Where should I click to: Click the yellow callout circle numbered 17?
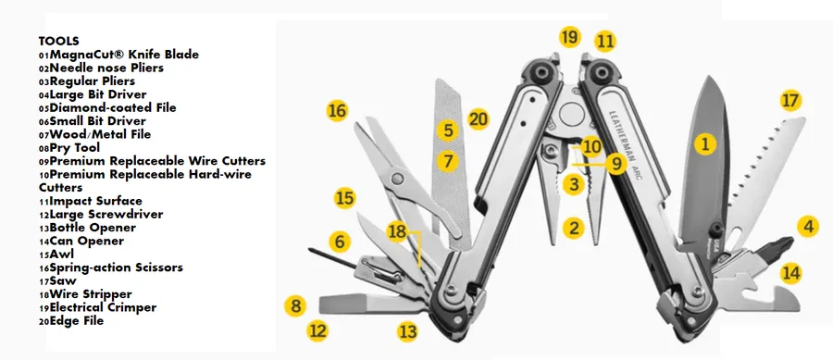pos(790,101)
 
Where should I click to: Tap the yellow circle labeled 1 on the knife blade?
pos(705,143)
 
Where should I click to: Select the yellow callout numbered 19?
pos(570,38)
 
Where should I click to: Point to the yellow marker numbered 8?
pos(295,305)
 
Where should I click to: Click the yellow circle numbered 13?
pos(407,332)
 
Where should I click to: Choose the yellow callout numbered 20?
pos(479,119)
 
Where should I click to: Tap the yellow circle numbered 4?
pos(808,227)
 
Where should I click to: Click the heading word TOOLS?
pos(59,41)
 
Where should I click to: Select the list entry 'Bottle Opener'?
pos(93,228)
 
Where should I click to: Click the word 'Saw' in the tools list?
pos(63,280)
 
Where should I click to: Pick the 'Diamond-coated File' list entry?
pos(113,107)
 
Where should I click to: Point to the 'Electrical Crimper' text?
pos(103,307)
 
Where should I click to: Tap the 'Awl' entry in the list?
pos(62,254)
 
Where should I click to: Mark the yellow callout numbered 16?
pos(337,110)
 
